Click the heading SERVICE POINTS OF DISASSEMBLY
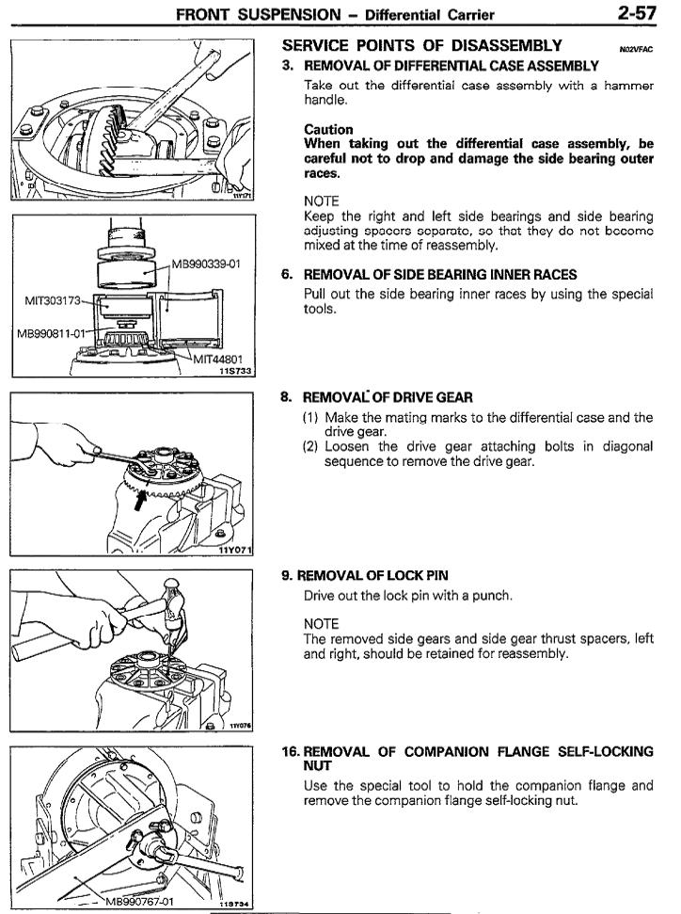422,45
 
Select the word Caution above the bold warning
328,129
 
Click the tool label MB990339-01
207,264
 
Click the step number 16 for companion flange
292,751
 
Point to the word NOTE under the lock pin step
322,620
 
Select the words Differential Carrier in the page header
440,14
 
